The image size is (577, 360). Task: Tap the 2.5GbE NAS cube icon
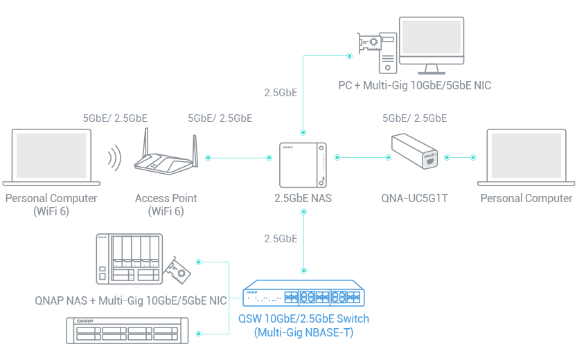[303, 163]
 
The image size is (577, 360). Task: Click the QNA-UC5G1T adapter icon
[414, 150]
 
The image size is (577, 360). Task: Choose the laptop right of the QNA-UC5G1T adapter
[526, 158]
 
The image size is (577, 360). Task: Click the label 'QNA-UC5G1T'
[415, 198]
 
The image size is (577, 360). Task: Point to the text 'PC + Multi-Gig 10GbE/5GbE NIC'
[414, 86]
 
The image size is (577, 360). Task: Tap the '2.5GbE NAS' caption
[303, 198]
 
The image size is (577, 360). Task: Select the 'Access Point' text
[166, 198]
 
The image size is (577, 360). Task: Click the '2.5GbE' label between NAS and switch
[281, 238]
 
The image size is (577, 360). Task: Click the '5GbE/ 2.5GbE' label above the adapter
[415, 118]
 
